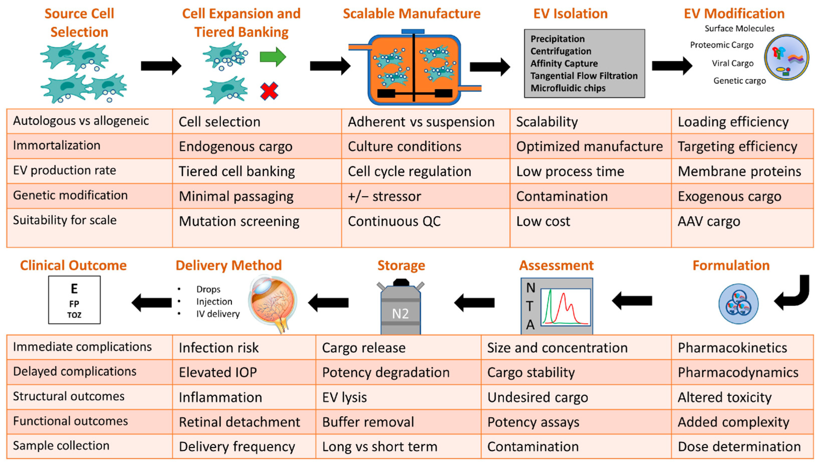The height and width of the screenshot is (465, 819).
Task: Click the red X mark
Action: point(269,91)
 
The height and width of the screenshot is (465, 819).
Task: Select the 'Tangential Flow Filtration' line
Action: point(584,76)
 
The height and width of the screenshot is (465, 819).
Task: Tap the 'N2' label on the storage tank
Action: point(400,314)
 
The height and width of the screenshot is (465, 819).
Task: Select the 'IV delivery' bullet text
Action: point(218,314)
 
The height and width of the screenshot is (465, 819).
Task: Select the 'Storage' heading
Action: point(401,265)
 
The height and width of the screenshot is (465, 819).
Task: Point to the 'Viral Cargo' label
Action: point(732,63)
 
